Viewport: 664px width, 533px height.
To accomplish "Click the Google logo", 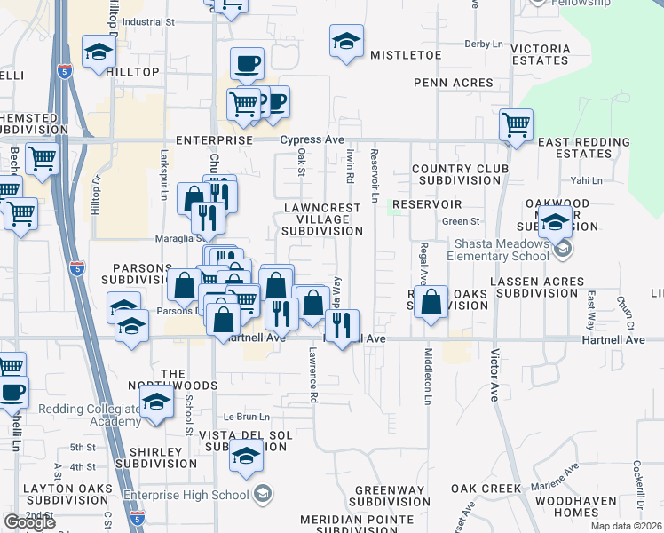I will point(29,522).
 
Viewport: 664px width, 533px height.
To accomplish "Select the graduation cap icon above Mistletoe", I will point(346,41).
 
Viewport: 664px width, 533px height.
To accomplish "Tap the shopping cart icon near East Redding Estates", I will point(515,125).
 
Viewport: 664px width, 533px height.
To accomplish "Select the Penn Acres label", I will point(453,83).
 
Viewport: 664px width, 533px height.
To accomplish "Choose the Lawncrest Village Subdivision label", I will point(321,219).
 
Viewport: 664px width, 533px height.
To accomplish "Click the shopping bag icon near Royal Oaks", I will point(431,302).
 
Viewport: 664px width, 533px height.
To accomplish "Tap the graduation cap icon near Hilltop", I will point(99,52).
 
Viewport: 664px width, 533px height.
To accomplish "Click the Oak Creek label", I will point(485,489).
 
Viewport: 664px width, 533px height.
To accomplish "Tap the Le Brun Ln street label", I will point(246,417).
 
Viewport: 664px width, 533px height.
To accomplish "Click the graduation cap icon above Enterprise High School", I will point(245,457).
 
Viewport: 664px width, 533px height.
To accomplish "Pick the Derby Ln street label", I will point(483,43).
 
